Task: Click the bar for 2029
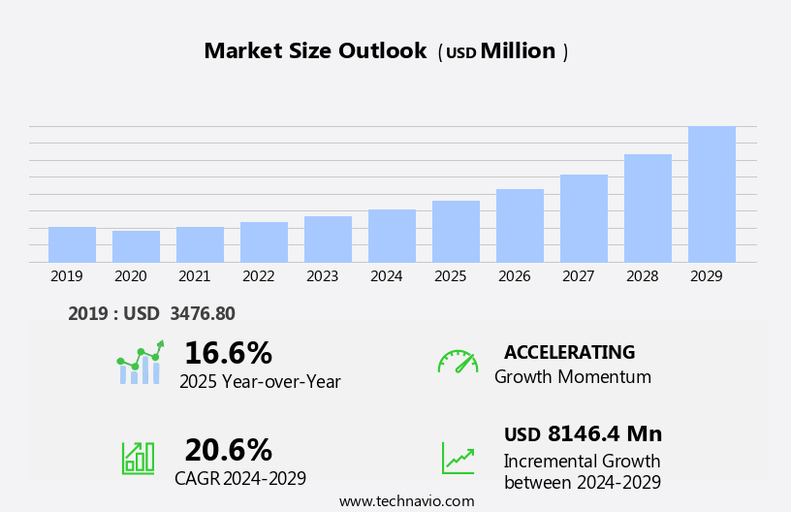pos(712,194)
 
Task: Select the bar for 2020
pos(136,246)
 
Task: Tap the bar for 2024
pos(392,236)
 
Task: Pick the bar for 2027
pos(584,218)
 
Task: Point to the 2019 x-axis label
pos(66,276)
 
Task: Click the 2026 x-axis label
pos(514,276)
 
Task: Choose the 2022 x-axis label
pos(258,276)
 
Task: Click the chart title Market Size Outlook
pos(315,51)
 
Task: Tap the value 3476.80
pos(202,313)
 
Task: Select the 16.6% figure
pos(228,353)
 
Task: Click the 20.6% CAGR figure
pos(228,450)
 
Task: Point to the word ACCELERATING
pos(569,352)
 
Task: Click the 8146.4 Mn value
pos(604,434)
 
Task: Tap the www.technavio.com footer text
pos(406,501)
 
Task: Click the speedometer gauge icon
pos(458,362)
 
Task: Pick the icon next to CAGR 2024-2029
pos(138,457)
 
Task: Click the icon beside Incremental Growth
pos(458,458)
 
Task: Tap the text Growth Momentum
pos(572,377)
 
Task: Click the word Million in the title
pos(518,51)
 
